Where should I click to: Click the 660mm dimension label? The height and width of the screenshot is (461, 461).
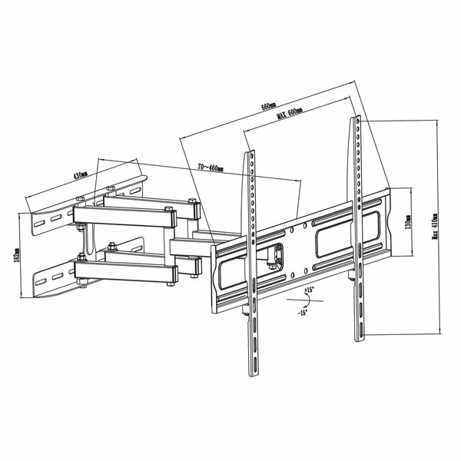click(x=268, y=106)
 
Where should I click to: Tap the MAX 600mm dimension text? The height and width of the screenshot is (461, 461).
click(x=289, y=113)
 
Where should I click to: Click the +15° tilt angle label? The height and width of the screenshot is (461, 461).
click(x=308, y=290)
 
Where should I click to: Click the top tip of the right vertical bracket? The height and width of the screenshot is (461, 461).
click(x=357, y=118)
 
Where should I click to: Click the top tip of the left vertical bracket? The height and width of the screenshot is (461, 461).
click(x=250, y=153)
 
